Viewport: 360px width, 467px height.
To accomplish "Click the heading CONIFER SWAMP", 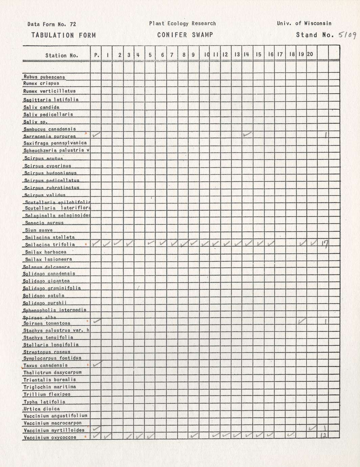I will point(185,35).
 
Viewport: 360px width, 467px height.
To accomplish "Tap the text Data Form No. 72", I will point(52,24).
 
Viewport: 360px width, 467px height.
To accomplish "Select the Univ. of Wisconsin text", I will point(304,23).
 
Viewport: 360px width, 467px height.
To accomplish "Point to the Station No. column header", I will point(62,55).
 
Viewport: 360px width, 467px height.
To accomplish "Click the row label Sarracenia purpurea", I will point(50,136).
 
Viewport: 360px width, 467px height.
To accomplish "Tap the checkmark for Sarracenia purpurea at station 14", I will point(247,134).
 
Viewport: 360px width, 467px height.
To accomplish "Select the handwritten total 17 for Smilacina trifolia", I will point(324,244).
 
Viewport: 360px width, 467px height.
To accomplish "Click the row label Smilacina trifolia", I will point(50,244).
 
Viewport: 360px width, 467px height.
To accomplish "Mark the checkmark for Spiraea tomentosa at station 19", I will point(302,320).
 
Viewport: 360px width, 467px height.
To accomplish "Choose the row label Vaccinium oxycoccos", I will point(50,438).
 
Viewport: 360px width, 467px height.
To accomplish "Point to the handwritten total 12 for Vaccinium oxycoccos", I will point(323,436).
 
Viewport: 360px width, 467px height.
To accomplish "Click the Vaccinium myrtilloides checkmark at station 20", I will point(312,428).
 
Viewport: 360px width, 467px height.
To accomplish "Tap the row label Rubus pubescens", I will point(44,77).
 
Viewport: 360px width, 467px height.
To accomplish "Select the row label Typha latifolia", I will point(44,402).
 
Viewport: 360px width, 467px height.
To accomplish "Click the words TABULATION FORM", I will point(64,35).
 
